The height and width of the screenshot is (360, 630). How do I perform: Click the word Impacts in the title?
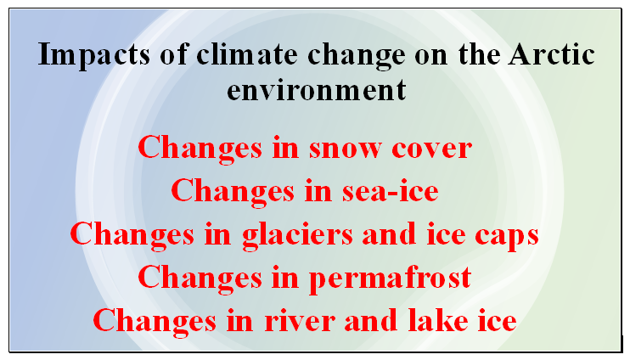point(94,55)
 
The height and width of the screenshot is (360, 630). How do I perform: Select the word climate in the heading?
point(247,54)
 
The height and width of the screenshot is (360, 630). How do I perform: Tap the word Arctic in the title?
point(551,54)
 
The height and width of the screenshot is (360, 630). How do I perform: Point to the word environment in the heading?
point(317,90)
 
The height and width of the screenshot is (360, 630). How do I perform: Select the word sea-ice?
point(390,192)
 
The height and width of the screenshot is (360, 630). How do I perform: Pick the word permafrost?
point(390,278)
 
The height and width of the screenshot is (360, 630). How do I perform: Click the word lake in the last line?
point(437,320)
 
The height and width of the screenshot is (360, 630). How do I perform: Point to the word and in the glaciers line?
point(389,233)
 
